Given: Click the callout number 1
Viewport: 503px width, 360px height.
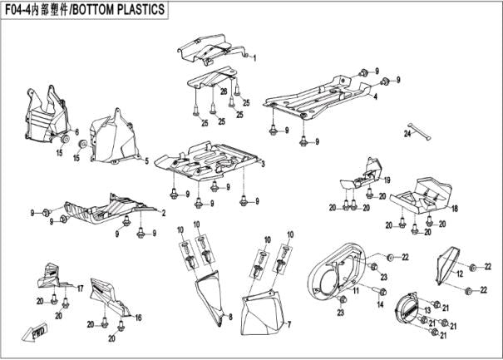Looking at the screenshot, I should pos(255,58).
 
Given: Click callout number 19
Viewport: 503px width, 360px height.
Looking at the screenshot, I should pos(387,180).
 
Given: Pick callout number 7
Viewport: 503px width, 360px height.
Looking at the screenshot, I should pos(290,325).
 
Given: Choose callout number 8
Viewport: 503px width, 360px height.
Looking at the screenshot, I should pos(229,319).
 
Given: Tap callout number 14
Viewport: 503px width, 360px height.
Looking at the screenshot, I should pos(381,306).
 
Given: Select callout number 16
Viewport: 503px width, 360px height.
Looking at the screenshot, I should pos(138,317).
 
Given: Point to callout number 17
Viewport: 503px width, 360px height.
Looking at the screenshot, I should pos(80,288).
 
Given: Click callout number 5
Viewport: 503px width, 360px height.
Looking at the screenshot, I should pos(146,160).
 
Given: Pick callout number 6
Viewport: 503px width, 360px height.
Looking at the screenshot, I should pos(76,133).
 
